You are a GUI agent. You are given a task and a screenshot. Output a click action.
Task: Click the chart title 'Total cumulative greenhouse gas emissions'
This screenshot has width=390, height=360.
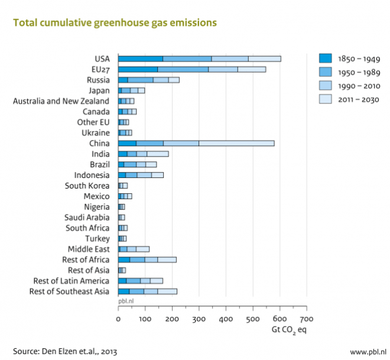(115, 23)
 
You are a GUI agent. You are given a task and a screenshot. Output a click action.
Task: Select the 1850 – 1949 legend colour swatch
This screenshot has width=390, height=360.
(326, 58)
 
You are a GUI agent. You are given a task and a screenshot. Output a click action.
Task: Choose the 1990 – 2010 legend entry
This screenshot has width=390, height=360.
(359, 86)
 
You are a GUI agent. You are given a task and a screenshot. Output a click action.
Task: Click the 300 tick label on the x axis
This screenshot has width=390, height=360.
(199, 317)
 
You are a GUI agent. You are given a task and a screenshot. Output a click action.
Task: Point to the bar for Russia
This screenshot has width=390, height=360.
(148, 80)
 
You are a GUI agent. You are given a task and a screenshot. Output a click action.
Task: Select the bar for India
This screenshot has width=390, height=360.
(143, 154)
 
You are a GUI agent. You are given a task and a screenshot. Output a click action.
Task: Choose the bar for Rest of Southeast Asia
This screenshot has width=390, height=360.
(147, 291)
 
